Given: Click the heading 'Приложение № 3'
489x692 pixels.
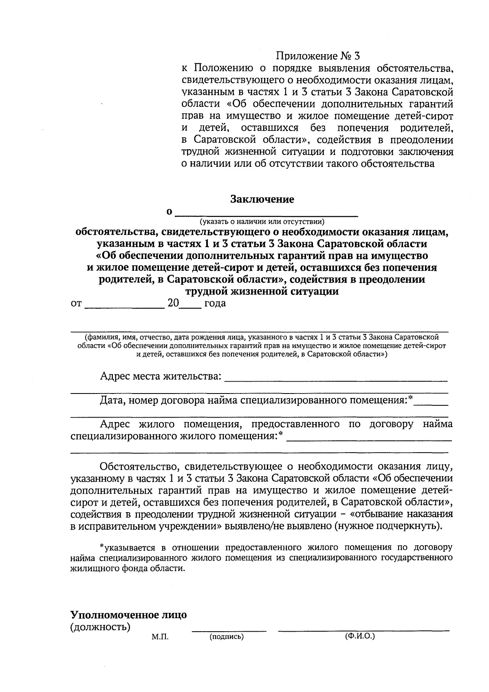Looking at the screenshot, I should (318, 55).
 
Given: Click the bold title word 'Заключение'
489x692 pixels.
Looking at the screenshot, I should (262, 199).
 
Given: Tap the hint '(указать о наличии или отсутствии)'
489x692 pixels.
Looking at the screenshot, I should (262, 222).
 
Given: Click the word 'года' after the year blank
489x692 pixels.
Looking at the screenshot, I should (215, 304).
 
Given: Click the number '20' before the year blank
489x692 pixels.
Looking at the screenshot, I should (173, 304).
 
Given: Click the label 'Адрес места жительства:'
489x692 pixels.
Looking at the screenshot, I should (161, 376).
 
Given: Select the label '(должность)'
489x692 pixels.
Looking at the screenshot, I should (100, 627).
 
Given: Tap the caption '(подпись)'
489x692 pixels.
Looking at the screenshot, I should (226, 637).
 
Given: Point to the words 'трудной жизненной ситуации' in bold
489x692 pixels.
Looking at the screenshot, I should (262, 292).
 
